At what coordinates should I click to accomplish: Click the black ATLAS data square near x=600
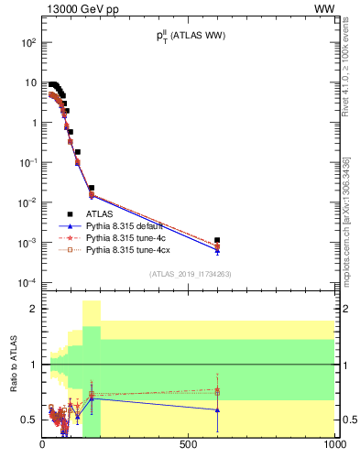click(217, 240)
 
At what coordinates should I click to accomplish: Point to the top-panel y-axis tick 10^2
click(27, 42)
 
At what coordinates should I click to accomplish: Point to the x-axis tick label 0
click(42, 444)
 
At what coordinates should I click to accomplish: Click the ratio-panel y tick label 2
click(32, 310)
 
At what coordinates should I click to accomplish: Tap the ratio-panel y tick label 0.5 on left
click(28, 420)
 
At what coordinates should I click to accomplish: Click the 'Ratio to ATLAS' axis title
click(15, 364)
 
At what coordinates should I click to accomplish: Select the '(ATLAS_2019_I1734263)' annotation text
click(189, 274)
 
